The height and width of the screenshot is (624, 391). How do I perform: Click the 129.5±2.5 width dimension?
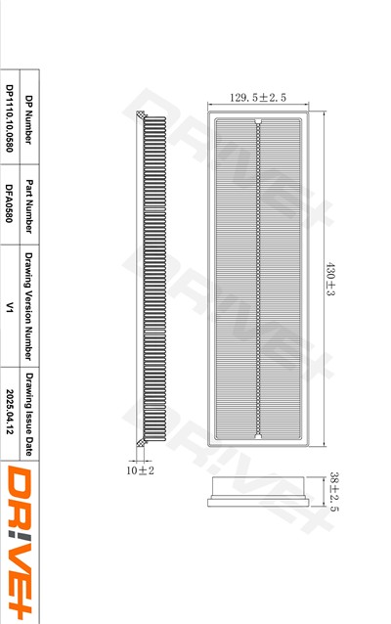click(258, 98)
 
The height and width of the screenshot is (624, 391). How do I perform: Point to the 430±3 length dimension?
click(330, 279)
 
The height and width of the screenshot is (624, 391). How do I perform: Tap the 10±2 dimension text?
click(140, 470)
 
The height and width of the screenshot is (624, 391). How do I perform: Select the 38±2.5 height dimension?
click(334, 492)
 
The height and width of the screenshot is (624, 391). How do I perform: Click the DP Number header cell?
click(28, 119)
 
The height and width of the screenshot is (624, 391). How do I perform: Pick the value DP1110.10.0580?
click(10, 118)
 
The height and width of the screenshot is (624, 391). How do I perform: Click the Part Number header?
click(28, 206)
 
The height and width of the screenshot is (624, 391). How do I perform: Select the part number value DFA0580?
click(10, 203)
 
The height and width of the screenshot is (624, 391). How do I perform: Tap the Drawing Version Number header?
click(28, 306)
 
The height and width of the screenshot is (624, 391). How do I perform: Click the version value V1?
click(10, 307)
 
